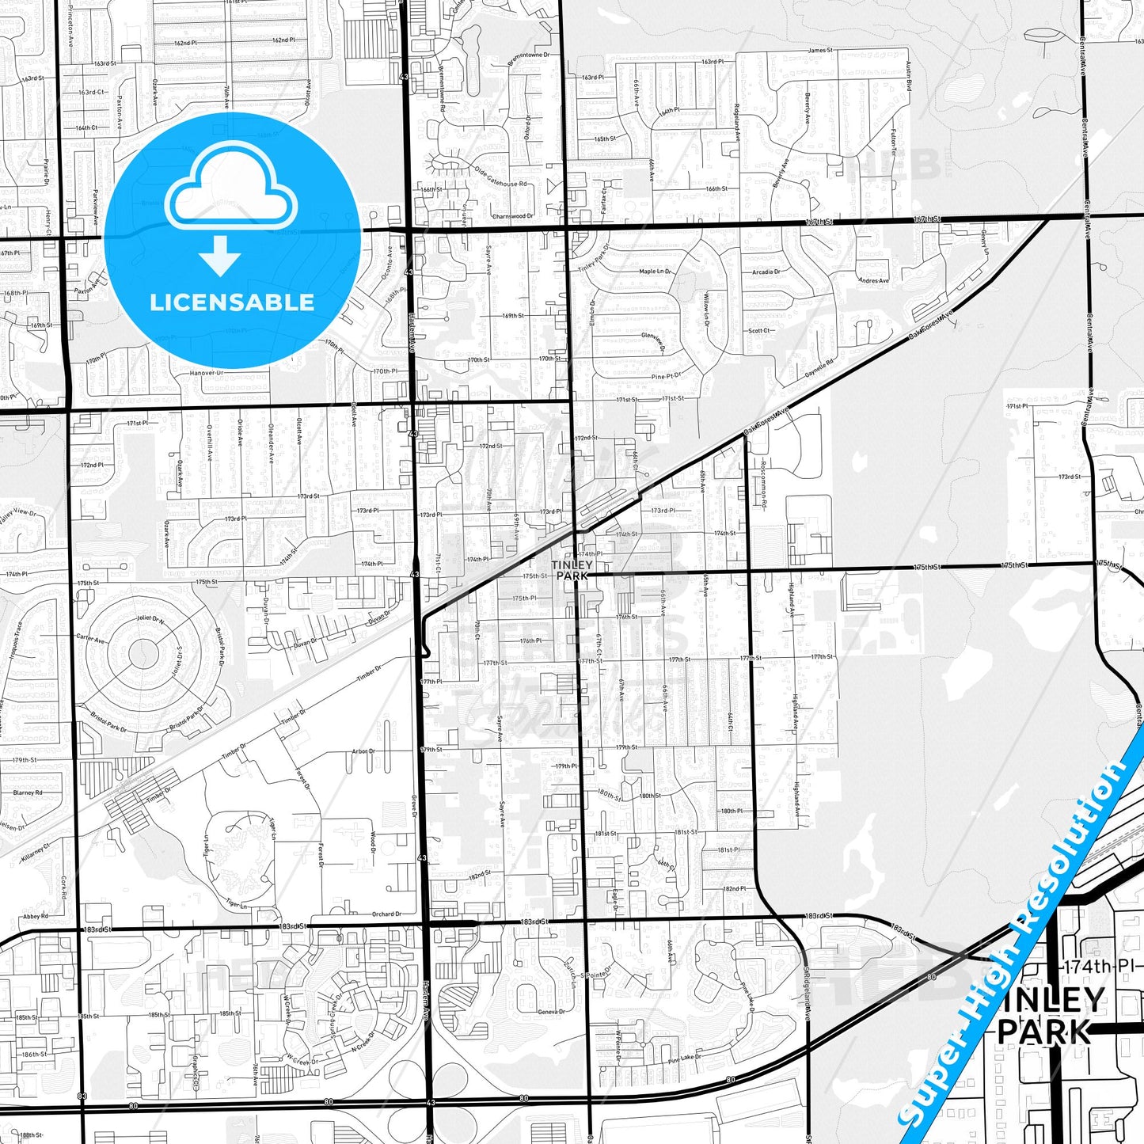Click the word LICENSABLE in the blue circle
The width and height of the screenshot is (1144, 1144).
[x=232, y=302]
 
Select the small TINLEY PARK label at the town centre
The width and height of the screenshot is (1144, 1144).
[x=572, y=570]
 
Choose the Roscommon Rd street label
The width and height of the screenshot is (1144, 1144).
[x=763, y=481]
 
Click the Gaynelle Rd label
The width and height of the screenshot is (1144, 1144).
[x=819, y=368]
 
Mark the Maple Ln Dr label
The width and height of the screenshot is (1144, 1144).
[x=655, y=272]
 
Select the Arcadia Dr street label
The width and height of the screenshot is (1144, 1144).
[x=766, y=272]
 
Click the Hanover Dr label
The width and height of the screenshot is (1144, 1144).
[x=207, y=373]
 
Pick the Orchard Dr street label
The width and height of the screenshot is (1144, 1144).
[x=386, y=914]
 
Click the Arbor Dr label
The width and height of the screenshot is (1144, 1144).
[x=363, y=751]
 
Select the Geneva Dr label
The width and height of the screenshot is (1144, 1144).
[x=552, y=1012]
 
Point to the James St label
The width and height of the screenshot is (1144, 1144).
[x=820, y=50]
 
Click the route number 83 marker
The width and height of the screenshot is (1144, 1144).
[x=82, y=1096]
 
